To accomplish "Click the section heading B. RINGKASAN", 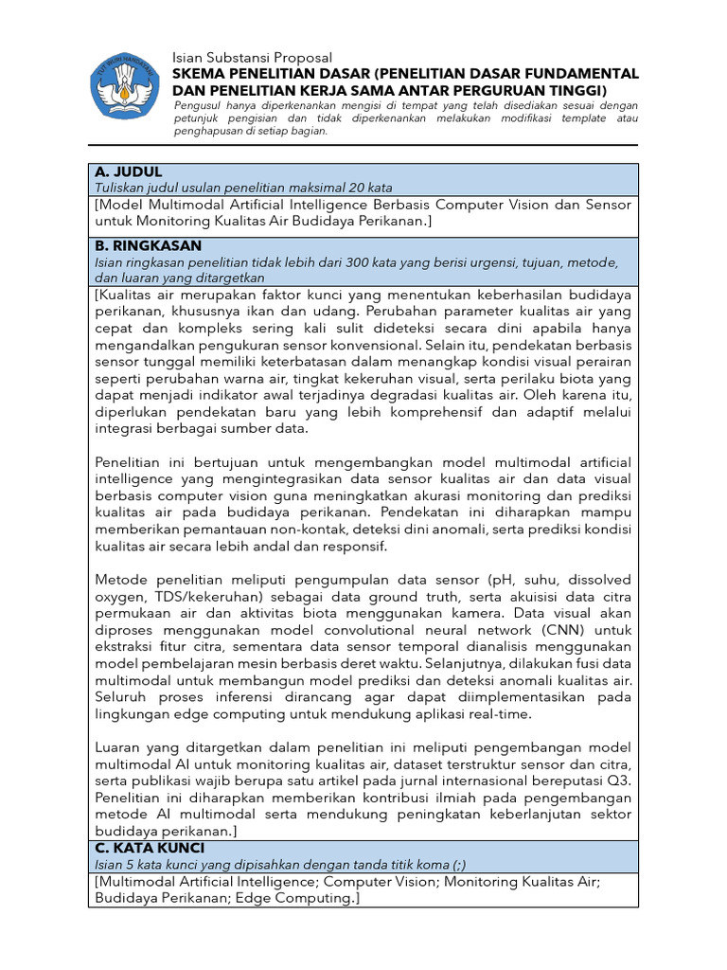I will (x=148, y=245).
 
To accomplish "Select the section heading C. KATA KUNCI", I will (x=150, y=848).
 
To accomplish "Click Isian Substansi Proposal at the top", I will (x=253, y=58).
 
